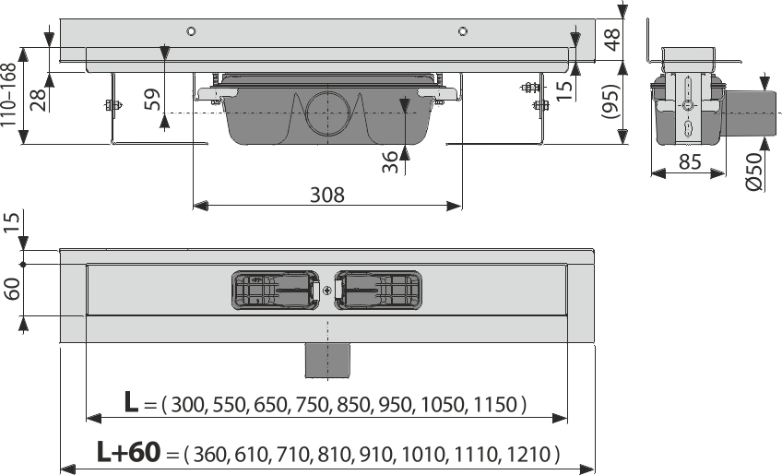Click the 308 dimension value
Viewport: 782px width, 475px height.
click(326, 195)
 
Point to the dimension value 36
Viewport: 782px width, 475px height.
click(391, 161)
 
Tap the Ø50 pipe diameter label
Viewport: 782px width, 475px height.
click(753, 172)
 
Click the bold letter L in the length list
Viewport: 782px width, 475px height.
click(133, 403)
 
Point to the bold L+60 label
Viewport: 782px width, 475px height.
click(127, 453)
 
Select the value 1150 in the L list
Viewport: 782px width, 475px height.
click(496, 404)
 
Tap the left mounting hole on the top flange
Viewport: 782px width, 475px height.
click(191, 32)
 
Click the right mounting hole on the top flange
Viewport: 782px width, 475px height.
click(461, 32)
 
